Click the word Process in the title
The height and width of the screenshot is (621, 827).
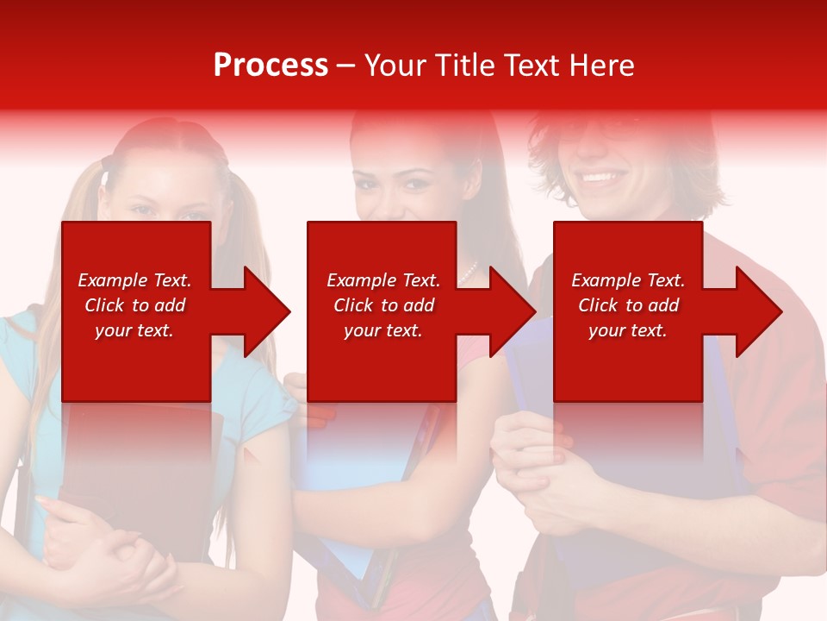[x=270, y=66]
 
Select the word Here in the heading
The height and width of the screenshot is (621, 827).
[x=603, y=66]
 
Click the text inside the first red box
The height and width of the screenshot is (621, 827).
[x=134, y=305]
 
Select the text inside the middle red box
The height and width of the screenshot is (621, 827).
[x=383, y=305]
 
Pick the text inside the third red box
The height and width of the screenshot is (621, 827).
[x=628, y=305]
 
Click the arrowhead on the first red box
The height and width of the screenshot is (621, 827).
[x=264, y=311]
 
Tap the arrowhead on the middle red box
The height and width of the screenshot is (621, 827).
[x=510, y=311]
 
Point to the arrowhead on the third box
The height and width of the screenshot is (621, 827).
[x=756, y=311]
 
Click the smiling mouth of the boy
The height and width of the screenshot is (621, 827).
[x=601, y=179]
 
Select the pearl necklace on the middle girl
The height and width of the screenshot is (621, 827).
[x=469, y=274]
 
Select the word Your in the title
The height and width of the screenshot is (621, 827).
[x=396, y=66]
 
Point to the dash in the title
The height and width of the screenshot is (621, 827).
[x=345, y=66]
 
